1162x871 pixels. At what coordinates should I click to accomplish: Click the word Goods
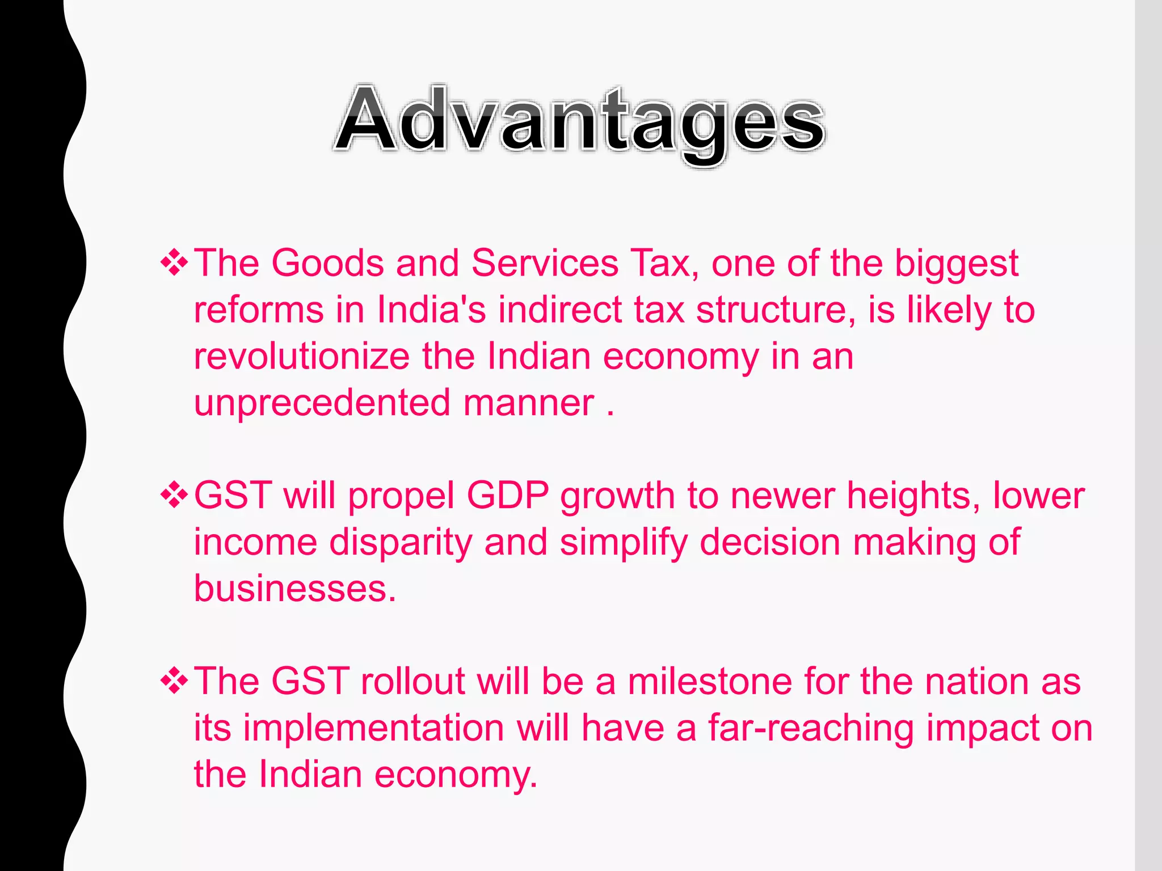[x=327, y=264]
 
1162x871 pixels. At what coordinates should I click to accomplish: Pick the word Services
[x=545, y=264]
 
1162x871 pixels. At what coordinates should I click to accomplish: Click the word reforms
[x=259, y=310]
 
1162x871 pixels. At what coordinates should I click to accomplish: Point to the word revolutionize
[x=302, y=357]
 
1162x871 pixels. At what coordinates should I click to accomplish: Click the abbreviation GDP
[x=508, y=496]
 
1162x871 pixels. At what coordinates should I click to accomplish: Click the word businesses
[x=294, y=589]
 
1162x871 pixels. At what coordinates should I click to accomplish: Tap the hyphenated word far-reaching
[x=811, y=729]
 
